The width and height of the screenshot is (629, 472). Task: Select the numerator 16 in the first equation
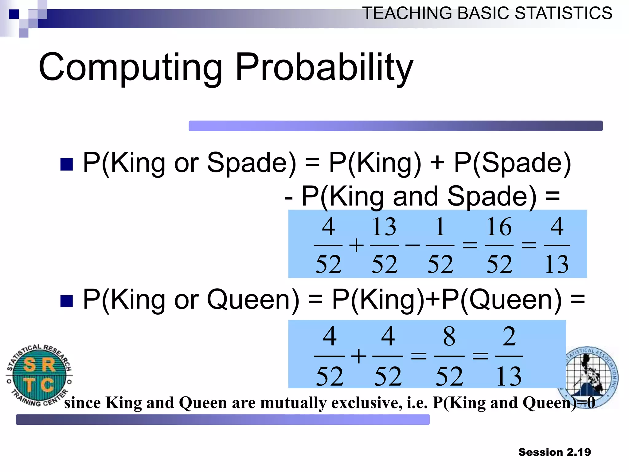499,227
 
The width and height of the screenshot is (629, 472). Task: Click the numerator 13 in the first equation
384,227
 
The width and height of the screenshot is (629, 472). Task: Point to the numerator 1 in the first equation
440,227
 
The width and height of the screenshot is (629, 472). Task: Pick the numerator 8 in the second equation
449,336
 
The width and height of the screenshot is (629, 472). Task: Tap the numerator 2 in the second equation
509,336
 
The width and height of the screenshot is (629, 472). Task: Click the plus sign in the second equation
358,356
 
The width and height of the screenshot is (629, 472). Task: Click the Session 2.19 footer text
554,452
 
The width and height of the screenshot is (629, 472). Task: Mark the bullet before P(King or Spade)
67,164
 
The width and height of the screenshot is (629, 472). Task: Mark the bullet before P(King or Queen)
67,301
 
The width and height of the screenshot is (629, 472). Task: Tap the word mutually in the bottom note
293,403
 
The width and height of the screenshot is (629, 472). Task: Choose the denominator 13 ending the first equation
556,264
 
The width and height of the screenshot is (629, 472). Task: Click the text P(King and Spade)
419,197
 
